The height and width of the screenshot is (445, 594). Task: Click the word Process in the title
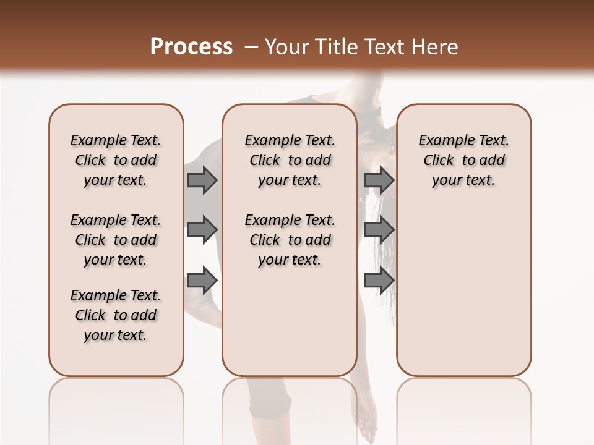click(191, 47)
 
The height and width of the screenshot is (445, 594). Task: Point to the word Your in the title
click(288, 47)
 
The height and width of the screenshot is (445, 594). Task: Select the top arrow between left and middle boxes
click(202, 180)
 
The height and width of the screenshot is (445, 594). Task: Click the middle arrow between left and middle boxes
click(202, 230)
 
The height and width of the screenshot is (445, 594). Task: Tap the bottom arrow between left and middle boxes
click(202, 280)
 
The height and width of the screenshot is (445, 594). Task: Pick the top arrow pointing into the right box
click(379, 180)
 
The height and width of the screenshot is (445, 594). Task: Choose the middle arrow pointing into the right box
click(379, 230)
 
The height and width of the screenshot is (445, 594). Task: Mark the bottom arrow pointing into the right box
click(379, 280)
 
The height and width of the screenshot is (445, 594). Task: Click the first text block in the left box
click(116, 160)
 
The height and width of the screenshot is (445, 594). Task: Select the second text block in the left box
click(116, 240)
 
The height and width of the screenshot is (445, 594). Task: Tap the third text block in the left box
click(116, 315)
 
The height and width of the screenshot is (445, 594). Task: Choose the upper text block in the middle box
click(290, 160)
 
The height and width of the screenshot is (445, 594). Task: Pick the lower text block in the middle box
click(290, 240)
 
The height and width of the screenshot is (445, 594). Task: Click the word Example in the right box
click(441, 141)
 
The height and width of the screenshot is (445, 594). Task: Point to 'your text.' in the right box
click(463, 180)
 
